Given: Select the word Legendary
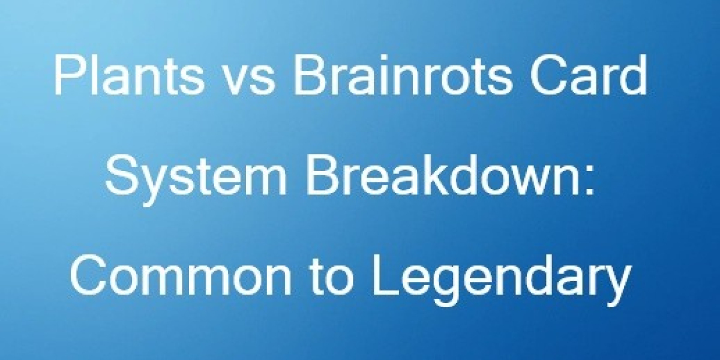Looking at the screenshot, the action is pos(499,280).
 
